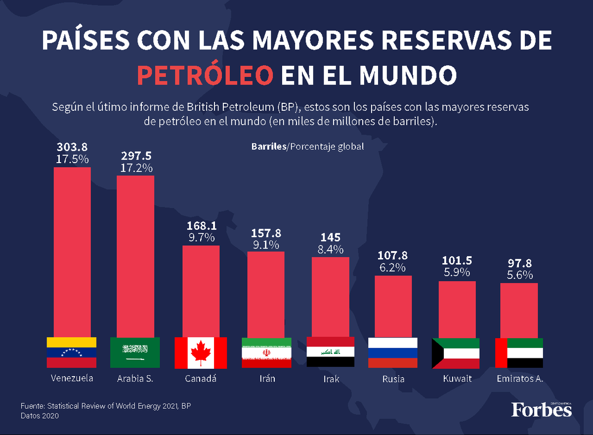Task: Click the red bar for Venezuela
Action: pyautogui.click(x=72, y=252)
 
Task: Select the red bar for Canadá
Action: pyautogui.click(x=201, y=291)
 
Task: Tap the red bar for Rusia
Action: pyautogui.click(x=393, y=306)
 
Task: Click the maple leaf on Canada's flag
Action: pyautogui.click(x=201, y=352)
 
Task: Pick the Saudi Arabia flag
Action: pyautogui.click(x=135, y=352)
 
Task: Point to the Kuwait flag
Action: pyautogui.click(x=455, y=353)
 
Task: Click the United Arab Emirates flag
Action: pyautogui.click(x=519, y=352)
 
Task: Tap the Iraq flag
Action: pyautogui.click(x=330, y=352)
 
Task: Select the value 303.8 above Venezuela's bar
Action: pyautogui.click(x=72, y=147)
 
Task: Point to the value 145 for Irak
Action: pyautogui.click(x=330, y=238)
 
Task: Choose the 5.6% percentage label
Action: pyautogui.click(x=519, y=275)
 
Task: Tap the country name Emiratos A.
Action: pyautogui.click(x=519, y=379)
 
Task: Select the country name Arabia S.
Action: pyautogui.click(x=135, y=379)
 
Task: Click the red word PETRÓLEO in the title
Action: pyautogui.click(x=205, y=75)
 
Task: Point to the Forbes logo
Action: pyautogui.click(x=541, y=410)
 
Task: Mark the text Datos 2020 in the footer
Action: pyautogui.click(x=40, y=416)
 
